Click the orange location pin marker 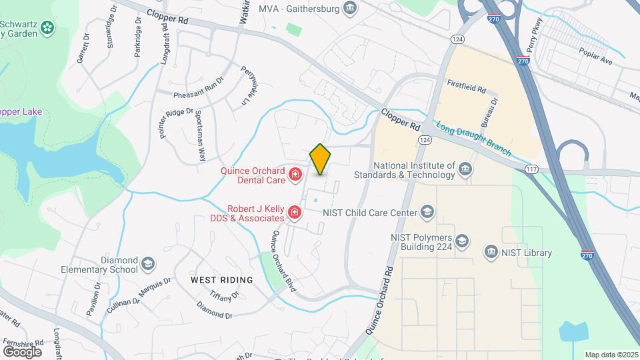coord(321,159)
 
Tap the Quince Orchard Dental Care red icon coord(295,176)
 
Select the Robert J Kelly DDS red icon coord(295,213)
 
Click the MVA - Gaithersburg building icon coord(350,7)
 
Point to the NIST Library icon coord(491,252)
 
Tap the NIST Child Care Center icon coord(427,213)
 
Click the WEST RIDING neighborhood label coord(222,280)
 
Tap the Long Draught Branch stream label coord(473,139)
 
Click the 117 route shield coord(531,169)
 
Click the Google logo coord(22,351)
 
